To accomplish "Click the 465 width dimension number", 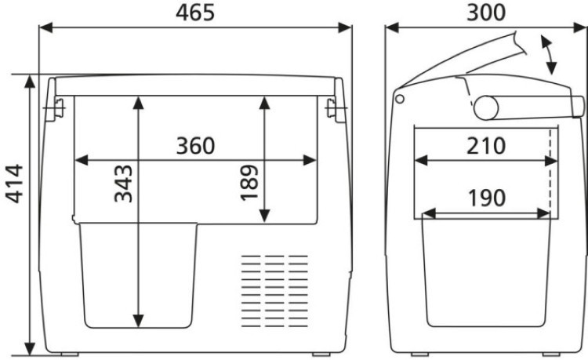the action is (x=195, y=13).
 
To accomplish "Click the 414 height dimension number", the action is (x=15, y=184).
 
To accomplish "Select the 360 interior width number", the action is (x=195, y=146).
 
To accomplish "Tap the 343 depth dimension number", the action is (x=123, y=184).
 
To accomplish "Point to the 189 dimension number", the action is (x=249, y=183).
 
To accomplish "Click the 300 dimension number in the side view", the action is (x=486, y=13).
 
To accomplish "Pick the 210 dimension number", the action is (x=486, y=146).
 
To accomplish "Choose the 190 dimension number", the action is (x=487, y=198).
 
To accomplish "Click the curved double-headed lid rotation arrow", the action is (x=548, y=55).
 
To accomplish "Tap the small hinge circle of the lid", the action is (x=400, y=99).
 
